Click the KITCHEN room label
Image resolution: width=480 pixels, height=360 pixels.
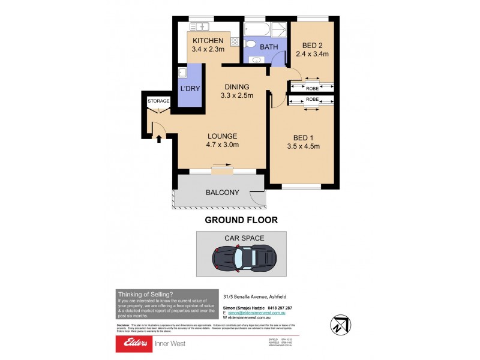[x=208, y=41]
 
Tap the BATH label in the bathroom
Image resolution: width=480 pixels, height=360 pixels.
[x=268, y=46]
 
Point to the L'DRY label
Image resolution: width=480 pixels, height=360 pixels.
[x=190, y=89]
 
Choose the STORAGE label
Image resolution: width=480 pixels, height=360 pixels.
[x=158, y=101]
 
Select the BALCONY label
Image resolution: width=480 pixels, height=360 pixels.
[x=223, y=193]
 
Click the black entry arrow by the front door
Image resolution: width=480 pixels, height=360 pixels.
[x=158, y=139]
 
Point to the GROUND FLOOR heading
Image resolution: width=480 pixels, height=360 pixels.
[x=241, y=220]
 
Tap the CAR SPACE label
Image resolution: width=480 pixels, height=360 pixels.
[x=244, y=238]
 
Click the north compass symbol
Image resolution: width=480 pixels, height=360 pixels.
[x=339, y=323]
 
